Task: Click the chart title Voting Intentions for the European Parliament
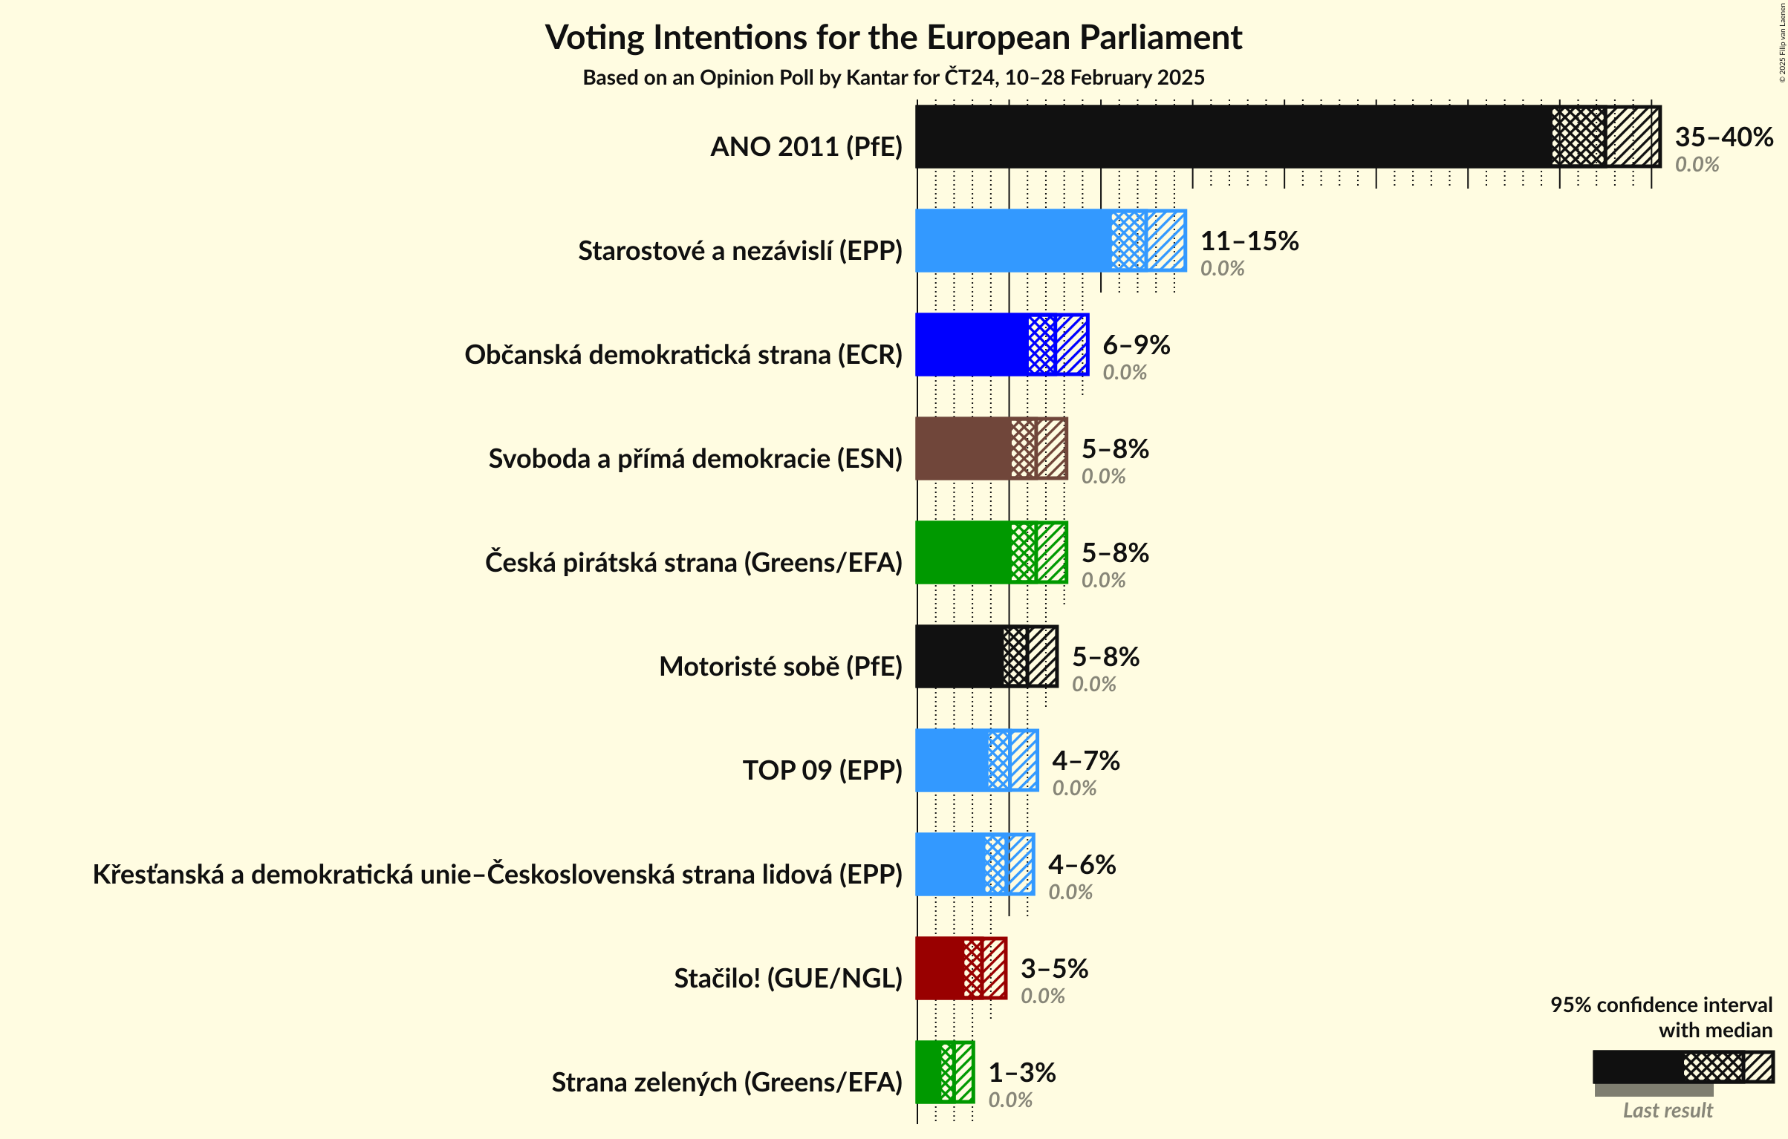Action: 893,37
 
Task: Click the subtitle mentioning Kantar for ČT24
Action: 893,77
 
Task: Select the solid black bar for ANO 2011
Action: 1233,137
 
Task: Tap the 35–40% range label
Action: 1723,137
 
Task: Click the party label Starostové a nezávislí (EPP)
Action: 740,251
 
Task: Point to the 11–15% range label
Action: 1249,241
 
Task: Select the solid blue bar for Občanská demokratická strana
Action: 972,345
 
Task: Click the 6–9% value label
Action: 1136,345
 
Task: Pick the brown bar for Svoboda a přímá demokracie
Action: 963,448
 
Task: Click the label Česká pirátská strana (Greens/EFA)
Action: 693,563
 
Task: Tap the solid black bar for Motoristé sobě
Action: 959,656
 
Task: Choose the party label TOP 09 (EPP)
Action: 822,771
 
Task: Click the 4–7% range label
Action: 1085,760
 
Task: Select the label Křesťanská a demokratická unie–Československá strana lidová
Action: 497,875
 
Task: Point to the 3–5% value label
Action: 1053,968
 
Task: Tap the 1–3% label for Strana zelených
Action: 1021,1072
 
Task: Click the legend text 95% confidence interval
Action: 1661,1005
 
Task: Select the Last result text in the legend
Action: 1668,1110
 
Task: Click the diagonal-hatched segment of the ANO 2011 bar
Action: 1632,137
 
